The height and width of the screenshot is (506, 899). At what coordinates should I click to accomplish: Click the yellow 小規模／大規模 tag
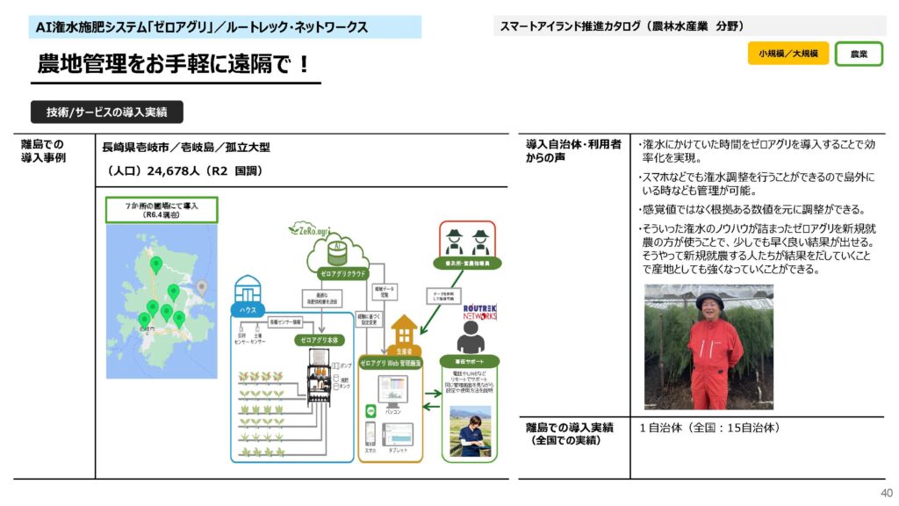[x=788, y=54]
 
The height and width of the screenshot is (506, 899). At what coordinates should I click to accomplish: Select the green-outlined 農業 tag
[x=859, y=54]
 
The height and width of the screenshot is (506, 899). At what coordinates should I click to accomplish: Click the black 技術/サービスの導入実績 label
[x=107, y=112]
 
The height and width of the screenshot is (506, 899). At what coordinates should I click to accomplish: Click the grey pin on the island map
[x=202, y=286]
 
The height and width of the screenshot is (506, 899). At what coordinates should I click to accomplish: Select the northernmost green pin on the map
[x=155, y=263]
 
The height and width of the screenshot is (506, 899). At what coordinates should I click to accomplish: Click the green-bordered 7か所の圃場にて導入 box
[x=161, y=209]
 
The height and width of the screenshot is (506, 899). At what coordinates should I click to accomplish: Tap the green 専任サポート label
[x=469, y=361]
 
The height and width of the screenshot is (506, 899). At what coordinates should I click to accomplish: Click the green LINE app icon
[x=370, y=410]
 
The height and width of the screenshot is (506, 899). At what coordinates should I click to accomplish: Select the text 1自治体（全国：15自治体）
[x=709, y=429]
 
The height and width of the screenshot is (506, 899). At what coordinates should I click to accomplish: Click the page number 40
[x=886, y=493]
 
